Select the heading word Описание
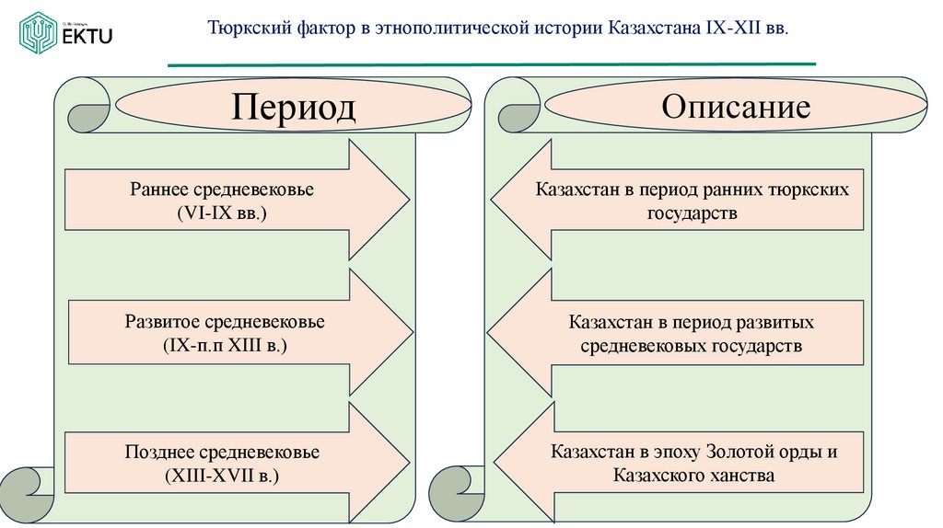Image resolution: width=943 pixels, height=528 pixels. pyautogui.click(x=735, y=107)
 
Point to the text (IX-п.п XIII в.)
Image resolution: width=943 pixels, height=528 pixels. pyautogui.click(x=226, y=346)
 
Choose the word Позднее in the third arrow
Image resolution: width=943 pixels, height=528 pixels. pyautogui.click(x=162, y=454)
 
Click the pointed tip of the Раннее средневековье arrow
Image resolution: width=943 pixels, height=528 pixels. pyautogui.click(x=407, y=200)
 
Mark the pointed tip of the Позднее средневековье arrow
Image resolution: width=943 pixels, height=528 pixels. pyautogui.click(x=411, y=464)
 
